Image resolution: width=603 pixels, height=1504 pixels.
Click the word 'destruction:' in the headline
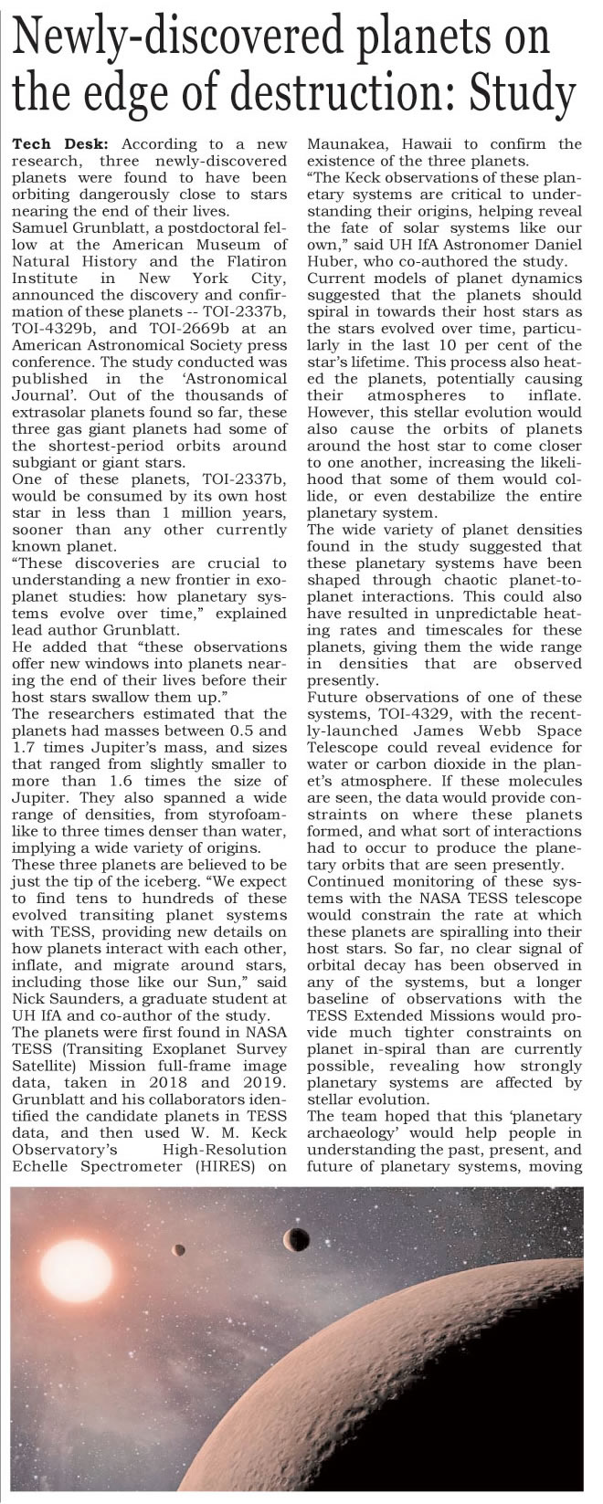(x=351, y=94)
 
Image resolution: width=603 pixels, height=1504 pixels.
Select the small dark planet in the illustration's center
(x=295, y=1239)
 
